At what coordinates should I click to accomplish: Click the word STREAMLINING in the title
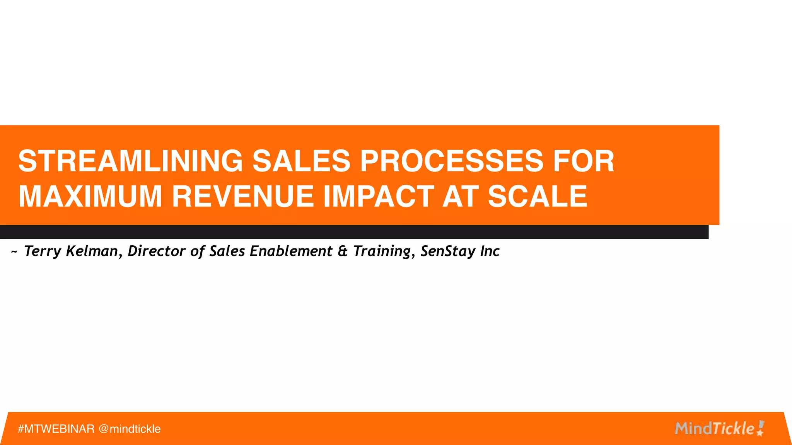point(130,161)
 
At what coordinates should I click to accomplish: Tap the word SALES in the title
point(301,161)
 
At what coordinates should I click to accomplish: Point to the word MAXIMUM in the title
point(90,196)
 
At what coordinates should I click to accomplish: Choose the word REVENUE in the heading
point(243,196)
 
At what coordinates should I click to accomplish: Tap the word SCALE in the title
point(538,196)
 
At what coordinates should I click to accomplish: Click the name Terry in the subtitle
point(43,251)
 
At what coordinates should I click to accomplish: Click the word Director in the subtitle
point(157,251)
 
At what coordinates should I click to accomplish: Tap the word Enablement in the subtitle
point(291,251)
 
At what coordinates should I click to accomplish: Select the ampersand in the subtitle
point(343,251)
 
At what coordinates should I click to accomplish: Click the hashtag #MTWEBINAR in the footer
point(56,429)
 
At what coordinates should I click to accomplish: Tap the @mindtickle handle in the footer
point(130,429)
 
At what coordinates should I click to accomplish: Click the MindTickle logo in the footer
point(719,428)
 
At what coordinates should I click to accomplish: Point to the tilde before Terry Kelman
point(14,252)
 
